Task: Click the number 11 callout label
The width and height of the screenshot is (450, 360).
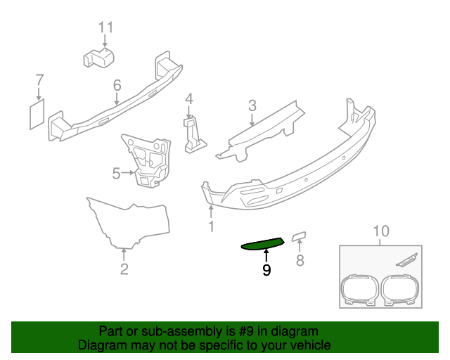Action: coord(105,27)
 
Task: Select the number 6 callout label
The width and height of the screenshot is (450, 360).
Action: coord(117,85)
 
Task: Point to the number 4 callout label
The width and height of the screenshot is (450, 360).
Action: coord(188,98)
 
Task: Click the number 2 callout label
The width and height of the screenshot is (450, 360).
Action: coord(124,268)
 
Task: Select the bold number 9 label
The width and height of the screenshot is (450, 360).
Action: coord(266,269)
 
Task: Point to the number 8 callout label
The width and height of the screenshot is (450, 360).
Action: coord(300,262)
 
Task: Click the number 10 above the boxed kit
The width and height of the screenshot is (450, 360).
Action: coord(380,231)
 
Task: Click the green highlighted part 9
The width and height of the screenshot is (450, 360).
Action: coord(262,244)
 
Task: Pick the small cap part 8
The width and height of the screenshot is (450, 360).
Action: coord(299,235)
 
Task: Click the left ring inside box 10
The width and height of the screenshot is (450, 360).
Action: coord(359,290)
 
